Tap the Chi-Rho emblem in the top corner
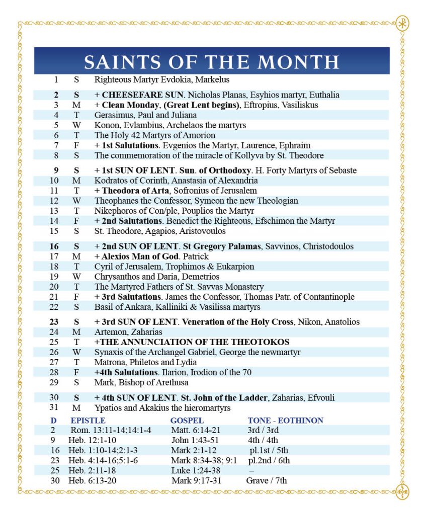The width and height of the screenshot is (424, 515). click(x=402, y=24)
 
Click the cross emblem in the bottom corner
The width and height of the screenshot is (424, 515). click(x=402, y=491)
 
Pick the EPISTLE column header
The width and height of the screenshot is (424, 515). click(x=88, y=420)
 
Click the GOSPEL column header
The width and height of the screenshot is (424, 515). click(x=187, y=420)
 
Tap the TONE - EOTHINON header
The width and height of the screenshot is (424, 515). click(x=285, y=420)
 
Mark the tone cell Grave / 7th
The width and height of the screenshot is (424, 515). click(x=267, y=481)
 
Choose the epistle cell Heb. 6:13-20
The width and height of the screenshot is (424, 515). click(x=95, y=481)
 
